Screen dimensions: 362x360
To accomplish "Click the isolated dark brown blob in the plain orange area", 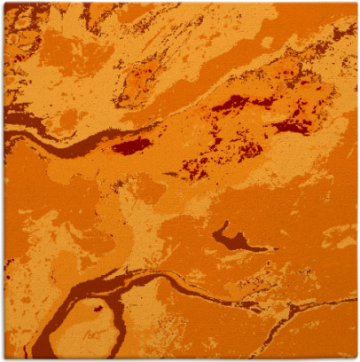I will click(232, 238).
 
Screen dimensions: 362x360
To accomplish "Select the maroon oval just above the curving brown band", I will click(131, 145).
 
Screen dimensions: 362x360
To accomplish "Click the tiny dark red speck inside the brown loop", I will click(98, 309).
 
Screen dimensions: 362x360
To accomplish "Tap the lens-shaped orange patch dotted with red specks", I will click(146, 75).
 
